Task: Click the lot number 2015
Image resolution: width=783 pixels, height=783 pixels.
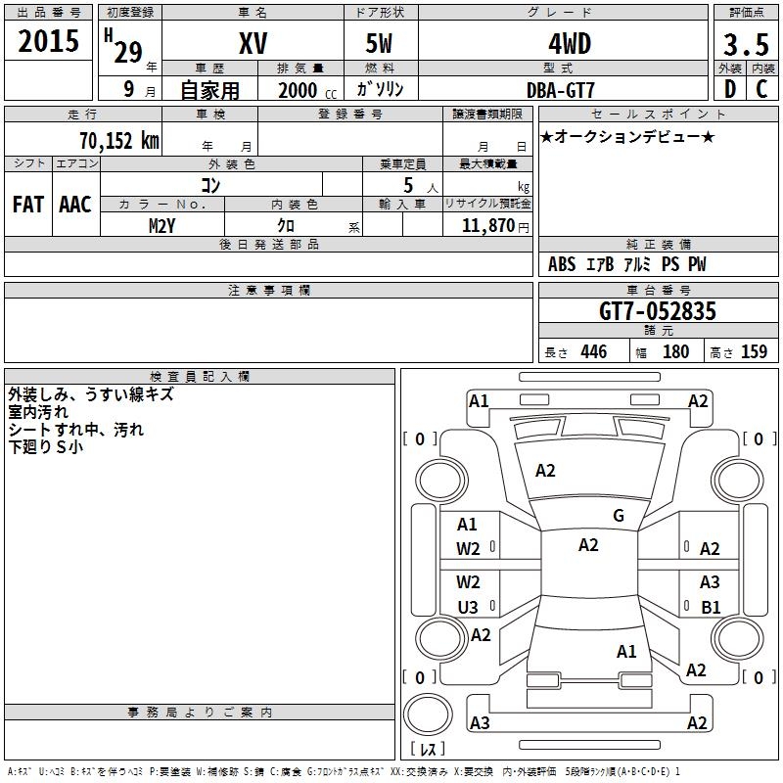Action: (48, 42)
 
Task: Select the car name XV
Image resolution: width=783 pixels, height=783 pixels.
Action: (253, 43)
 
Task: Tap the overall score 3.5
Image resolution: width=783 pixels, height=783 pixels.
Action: (744, 44)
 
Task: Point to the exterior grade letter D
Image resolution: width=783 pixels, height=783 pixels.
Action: (729, 89)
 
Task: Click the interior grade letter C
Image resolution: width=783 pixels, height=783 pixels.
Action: (761, 89)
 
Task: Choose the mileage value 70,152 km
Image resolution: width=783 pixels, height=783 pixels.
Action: (119, 141)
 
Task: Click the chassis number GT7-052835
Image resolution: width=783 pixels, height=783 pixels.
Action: (657, 311)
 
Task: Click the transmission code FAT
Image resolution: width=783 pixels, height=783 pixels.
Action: (28, 205)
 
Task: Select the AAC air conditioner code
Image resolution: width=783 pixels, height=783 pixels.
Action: (75, 205)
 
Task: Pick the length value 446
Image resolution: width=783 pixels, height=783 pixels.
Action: (593, 352)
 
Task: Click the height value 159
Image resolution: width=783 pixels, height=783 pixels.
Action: (754, 352)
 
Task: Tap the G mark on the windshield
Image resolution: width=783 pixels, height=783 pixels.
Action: (619, 516)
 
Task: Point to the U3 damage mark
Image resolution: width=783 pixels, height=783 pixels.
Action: (468, 607)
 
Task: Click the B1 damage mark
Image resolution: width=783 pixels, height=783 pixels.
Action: (711, 607)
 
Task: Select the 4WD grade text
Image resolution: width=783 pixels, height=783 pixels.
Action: (561, 43)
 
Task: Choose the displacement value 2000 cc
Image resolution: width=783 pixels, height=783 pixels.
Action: (299, 90)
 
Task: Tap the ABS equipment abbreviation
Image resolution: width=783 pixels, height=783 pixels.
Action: (562, 264)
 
